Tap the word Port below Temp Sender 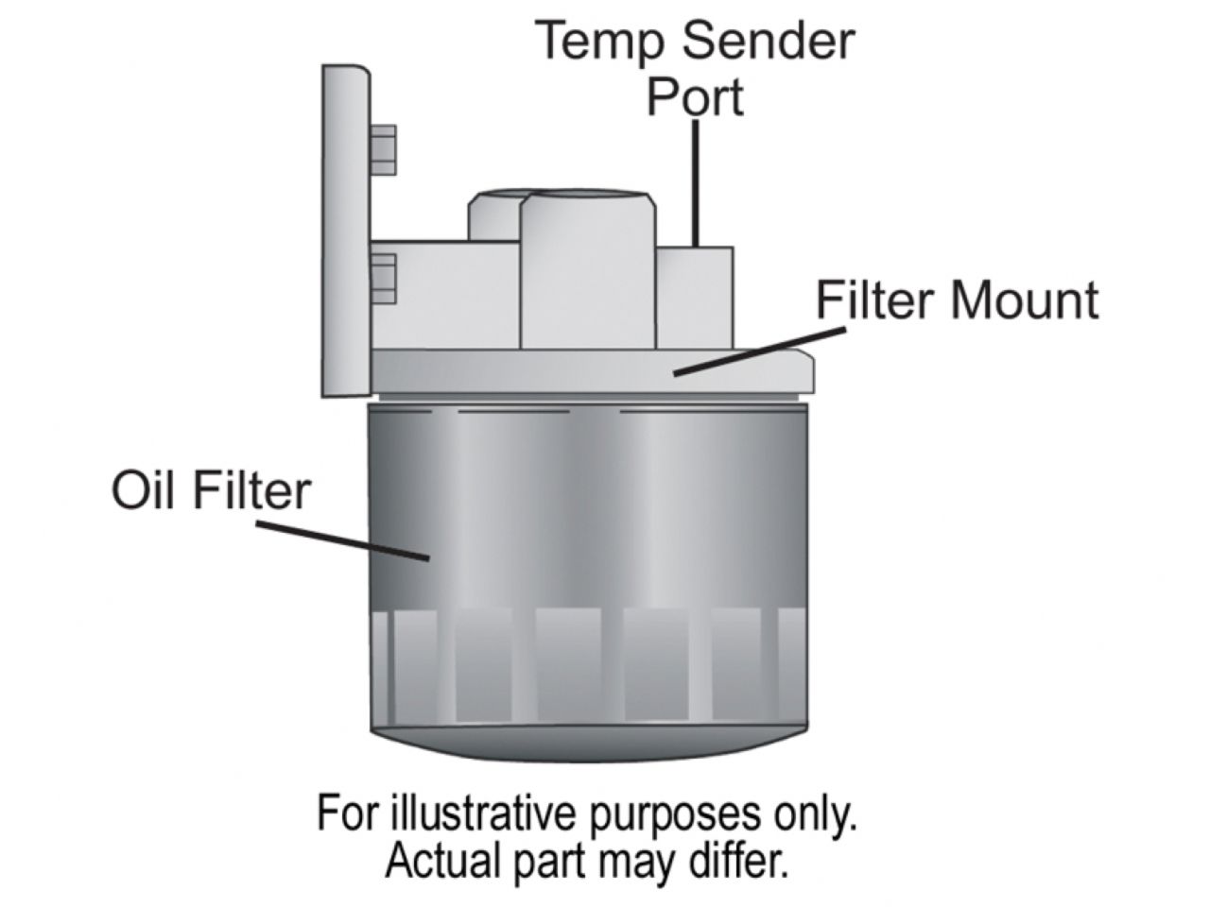pyautogui.click(x=695, y=96)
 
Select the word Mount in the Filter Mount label pyautogui.click(x=1025, y=300)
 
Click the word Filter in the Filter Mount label pyautogui.click(x=874, y=300)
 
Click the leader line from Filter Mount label pyautogui.click(x=756, y=351)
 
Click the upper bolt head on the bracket pyautogui.click(x=382, y=150)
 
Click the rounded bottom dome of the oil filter pyautogui.click(x=586, y=742)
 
